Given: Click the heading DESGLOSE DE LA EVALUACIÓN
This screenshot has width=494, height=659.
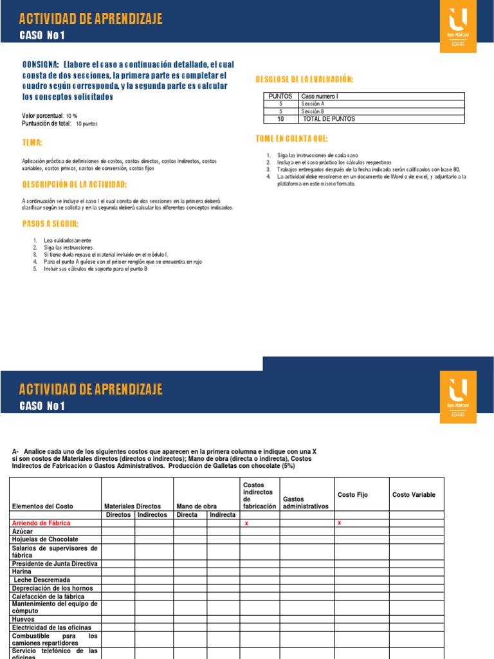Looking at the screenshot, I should pyautogui.click(x=304, y=79).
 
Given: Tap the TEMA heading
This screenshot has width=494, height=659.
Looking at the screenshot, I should pyautogui.click(x=32, y=142).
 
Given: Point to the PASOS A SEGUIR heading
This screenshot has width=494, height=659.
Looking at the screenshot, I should pyautogui.click(x=50, y=224).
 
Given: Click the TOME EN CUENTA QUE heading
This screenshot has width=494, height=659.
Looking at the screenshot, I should pyautogui.click(x=291, y=139).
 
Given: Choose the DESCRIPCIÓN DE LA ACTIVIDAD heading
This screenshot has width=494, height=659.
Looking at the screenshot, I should pyautogui.click(x=74, y=185).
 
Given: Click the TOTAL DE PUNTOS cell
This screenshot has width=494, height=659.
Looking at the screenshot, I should pyautogui.click(x=329, y=119).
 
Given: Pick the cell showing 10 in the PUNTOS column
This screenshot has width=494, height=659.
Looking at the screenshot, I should pyautogui.click(x=280, y=119).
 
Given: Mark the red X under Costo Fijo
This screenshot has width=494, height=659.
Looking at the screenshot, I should pyautogui.click(x=339, y=523).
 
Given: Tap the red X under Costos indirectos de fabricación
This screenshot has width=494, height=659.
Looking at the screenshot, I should pyautogui.click(x=246, y=524).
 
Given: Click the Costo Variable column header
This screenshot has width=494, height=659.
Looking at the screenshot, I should pyautogui.click(x=414, y=494).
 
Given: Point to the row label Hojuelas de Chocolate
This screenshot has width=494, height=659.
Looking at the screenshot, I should pyautogui.click(x=45, y=539).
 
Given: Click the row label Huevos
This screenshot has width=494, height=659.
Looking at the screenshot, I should pyautogui.click(x=23, y=619).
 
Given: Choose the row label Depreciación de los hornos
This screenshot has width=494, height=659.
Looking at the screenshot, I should pyautogui.click(x=52, y=588).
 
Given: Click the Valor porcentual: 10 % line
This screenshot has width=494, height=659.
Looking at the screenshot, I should pyautogui.click(x=50, y=115).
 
